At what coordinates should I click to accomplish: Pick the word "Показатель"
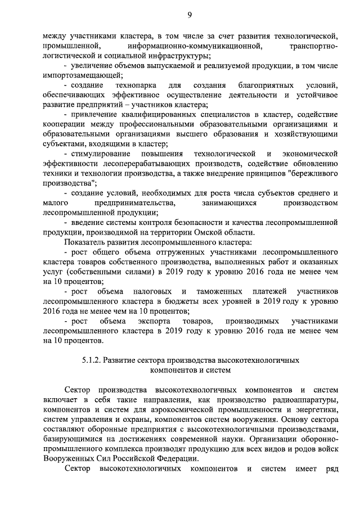click(84, 242)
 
